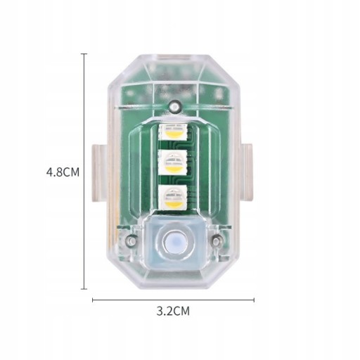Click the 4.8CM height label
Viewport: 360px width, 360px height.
[x=63, y=172]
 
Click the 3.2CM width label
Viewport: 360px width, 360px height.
[x=173, y=311]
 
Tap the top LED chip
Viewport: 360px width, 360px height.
[x=174, y=132]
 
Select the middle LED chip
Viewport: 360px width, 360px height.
[x=174, y=162]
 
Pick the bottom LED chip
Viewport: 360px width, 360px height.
[x=173, y=197]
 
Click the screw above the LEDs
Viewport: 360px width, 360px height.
[x=175, y=105]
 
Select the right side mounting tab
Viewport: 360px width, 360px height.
[x=246, y=173]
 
